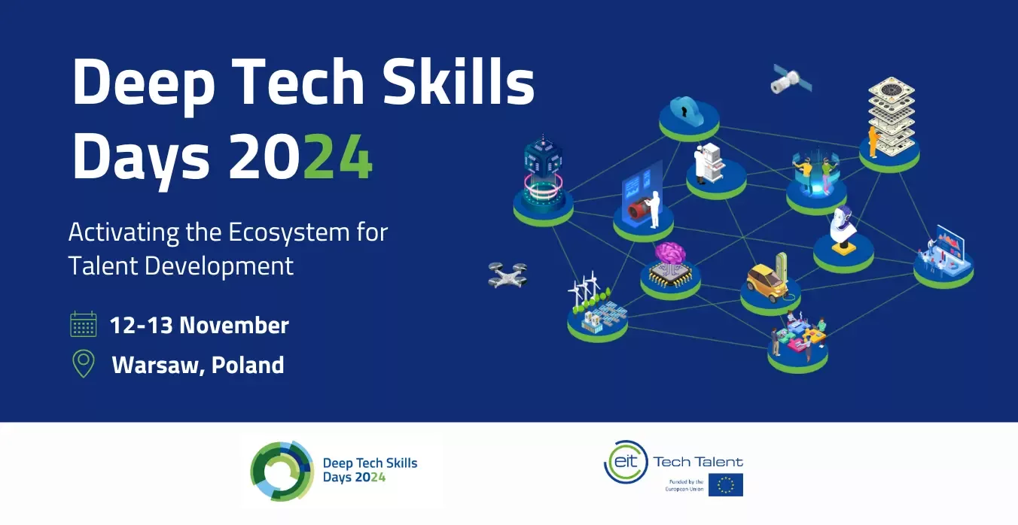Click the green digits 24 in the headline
click(338, 156)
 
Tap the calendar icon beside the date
click(83, 324)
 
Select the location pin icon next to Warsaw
click(84, 364)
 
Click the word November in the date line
click(234, 325)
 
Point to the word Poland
click(248, 365)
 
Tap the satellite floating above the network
click(791, 80)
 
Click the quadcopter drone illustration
click(507, 275)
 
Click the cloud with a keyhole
click(687, 111)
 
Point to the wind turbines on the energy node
click(584, 290)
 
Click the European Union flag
click(725, 484)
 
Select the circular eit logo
click(626, 462)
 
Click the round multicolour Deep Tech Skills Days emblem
click(282, 471)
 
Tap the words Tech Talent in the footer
click(698, 462)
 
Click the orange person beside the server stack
click(873, 142)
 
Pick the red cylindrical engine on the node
click(639, 209)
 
